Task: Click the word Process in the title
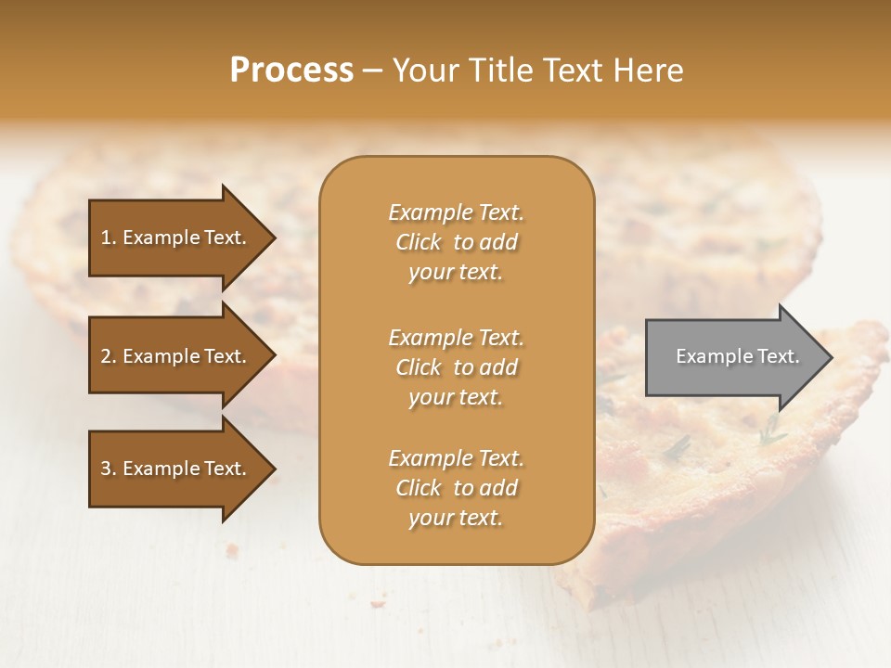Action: pos(291,71)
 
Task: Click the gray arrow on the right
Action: pos(733,357)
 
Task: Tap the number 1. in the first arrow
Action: pos(109,238)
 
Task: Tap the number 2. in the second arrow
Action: pos(109,356)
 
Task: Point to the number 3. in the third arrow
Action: pos(109,469)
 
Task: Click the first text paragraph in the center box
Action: pos(456,242)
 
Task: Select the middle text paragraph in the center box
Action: pos(456,367)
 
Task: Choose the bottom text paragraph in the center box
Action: pos(456,488)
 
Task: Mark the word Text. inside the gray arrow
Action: pos(780,356)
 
